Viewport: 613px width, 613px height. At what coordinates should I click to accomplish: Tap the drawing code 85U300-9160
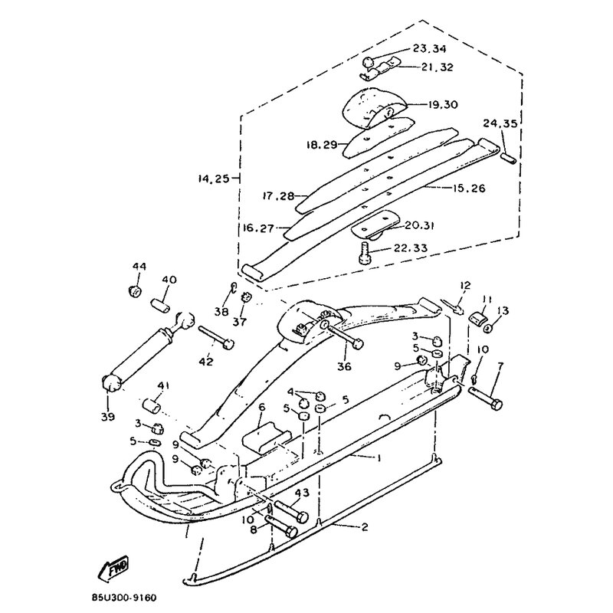(x=124, y=598)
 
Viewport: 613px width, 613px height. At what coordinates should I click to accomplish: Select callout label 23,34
(x=429, y=48)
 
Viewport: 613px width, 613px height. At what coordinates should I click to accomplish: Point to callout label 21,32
(x=437, y=67)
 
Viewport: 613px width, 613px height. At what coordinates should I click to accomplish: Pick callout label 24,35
(x=500, y=123)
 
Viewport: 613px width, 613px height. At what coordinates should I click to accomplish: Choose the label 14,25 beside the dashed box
(x=214, y=179)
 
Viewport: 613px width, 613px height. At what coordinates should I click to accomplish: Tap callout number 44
(x=139, y=267)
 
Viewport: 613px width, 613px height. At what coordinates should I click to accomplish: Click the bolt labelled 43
(x=291, y=511)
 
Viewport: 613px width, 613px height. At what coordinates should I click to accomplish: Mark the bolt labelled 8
(x=281, y=526)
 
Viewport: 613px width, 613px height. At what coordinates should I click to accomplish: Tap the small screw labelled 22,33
(x=363, y=253)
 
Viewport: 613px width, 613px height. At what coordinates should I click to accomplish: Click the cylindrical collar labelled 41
(x=152, y=405)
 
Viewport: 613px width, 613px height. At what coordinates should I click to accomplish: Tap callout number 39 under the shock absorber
(x=107, y=417)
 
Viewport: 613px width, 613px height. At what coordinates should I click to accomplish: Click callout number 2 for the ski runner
(x=365, y=528)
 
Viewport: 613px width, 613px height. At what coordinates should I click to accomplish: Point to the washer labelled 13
(x=488, y=329)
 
